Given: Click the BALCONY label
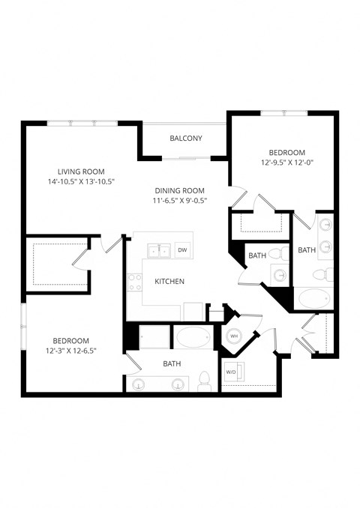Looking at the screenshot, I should click(185, 138).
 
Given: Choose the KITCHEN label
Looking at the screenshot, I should click(169, 282).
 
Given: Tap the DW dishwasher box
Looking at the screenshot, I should click(182, 250).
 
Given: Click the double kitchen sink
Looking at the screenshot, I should click(158, 250).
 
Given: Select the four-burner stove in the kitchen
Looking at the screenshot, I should click(135, 282).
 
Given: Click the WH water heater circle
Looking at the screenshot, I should click(233, 336).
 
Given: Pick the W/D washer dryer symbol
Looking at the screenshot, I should click(231, 371).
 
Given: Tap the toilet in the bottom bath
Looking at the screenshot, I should click(203, 381).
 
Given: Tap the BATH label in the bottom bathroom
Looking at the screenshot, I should click(172, 364).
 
